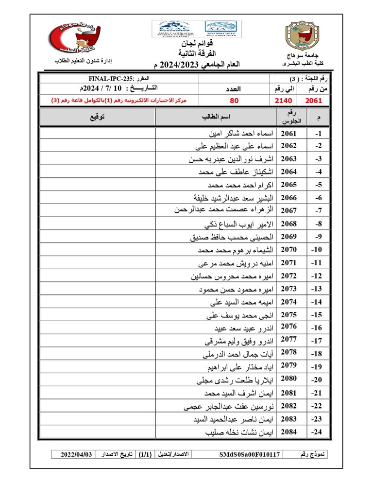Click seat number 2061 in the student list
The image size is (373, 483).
pyautogui.click(x=288, y=133)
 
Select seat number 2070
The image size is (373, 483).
pyautogui.click(x=288, y=250)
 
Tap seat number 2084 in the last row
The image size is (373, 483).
pyautogui.click(x=288, y=431)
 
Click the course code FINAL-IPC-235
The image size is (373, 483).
pyautogui.click(x=112, y=78)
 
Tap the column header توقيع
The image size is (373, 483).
pyautogui.click(x=97, y=117)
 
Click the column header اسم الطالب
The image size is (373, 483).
pyautogui.click(x=216, y=117)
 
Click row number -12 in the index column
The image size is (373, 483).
pyautogui.click(x=318, y=276)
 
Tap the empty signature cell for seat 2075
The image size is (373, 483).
pyautogui.click(x=97, y=315)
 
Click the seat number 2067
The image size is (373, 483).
pyautogui.click(x=288, y=210)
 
